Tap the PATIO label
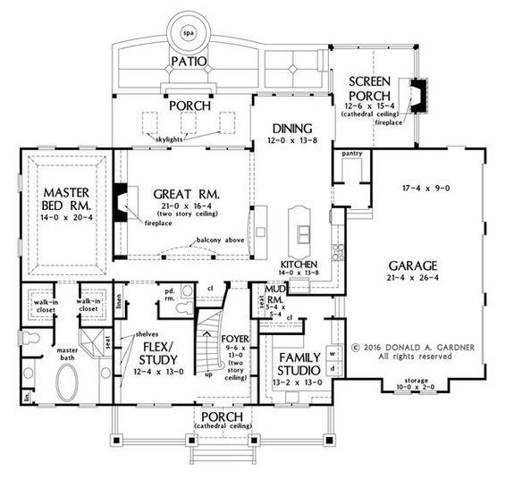click(x=189, y=62)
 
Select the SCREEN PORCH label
click(x=371, y=88)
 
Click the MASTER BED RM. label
click(x=64, y=199)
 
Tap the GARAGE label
click(x=412, y=267)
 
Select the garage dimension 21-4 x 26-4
click(x=412, y=281)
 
